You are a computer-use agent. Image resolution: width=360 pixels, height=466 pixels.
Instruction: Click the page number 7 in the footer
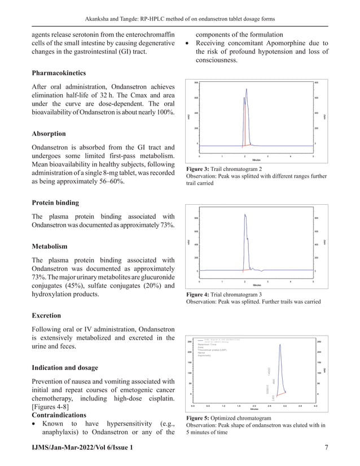click(327, 447)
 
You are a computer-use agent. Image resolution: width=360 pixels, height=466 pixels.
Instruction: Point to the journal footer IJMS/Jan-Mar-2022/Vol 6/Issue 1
click(83, 447)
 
